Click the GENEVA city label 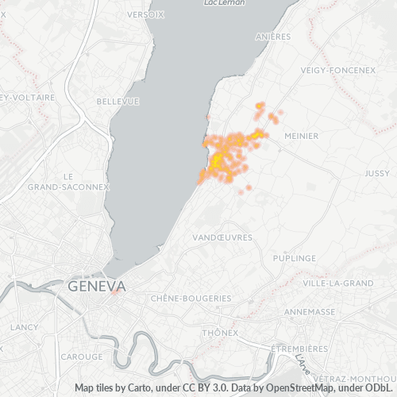[97, 286]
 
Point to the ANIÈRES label [274, 37]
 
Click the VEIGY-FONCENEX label [337, 70]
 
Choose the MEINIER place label [301, 136]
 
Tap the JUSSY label [377, 172]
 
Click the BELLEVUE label [118, 102]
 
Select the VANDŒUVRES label [223, 237]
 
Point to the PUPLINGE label [294, 259]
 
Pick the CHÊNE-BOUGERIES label [191, 299]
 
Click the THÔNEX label [220, 333]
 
